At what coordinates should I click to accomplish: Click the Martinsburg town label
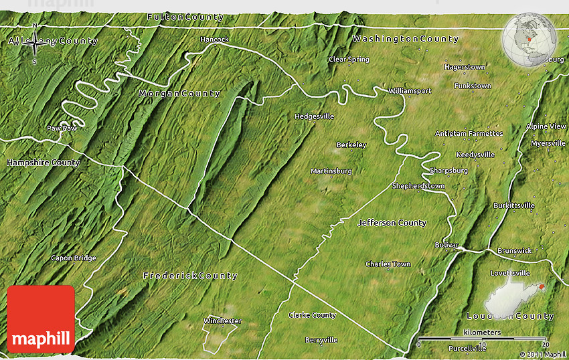pyautogui.click(x=331, y=171)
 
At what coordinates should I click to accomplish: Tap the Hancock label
pyautogui.click(x=214, y=39)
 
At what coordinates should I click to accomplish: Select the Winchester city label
pyautogui.click(x=222, y=321)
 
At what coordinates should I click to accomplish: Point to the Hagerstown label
pyautogui.click(x=465, y=68)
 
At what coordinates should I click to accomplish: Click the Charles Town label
pyautogui.click(x=388, y=264)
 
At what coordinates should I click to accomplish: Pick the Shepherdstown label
pyautogui.click(x=418, y=186)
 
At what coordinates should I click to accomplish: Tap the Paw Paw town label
pyautogui.click(x=62, y=128)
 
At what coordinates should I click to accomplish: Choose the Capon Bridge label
pyautogui.click(x=74, y=258)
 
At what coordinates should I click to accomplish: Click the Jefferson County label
pyautogui.click(x=392, y=223)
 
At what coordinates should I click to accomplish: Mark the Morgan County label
pyautogui.click(x=179, y=94)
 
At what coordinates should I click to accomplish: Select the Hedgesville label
pyautogui.click(x=314, y=116)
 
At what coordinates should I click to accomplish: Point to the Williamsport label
pyautogui.click(x=410, y=91)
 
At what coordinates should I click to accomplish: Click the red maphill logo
pyautogui.click(x=41, y=319)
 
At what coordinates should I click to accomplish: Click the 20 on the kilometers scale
pyautogui.click(x=545, y=344)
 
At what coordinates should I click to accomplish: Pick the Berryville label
pyautogui.click(x=321, y=340)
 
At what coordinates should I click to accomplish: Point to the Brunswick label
pyautogui.click(x=514, y=251)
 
